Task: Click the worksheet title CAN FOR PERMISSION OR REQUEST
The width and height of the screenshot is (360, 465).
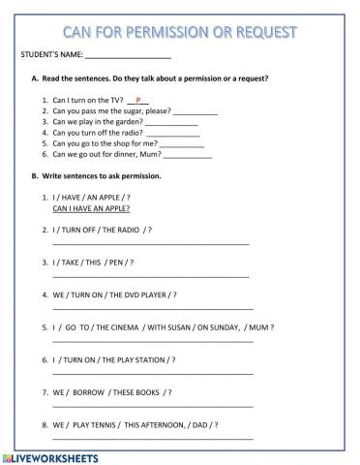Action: pyautogui.click(x=180, y=32)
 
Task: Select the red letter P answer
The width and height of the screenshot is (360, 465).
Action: pyautogui.click(x=139, y=100)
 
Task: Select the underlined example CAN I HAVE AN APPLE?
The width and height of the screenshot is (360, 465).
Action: pyautogui.click(x=92, y=208)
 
